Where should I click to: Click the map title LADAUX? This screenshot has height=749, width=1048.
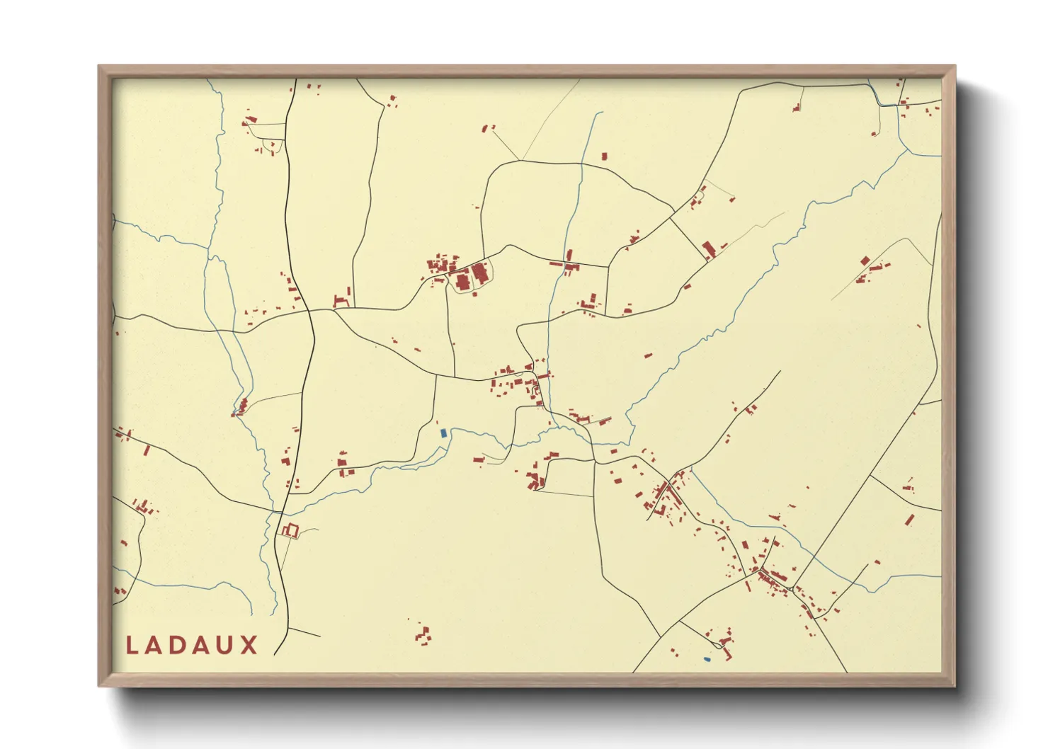(x=191, y=645)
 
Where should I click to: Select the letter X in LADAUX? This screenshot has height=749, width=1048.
(x=249, y=645)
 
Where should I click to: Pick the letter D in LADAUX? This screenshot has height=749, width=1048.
(x=176, y=645)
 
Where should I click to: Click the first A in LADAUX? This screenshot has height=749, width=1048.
(x=154, y=645)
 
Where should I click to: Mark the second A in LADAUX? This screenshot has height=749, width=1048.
(x=201, y=645)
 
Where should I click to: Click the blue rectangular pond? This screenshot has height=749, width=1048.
(x=443, y=433)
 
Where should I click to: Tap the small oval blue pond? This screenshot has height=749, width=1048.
(x=707, y=659)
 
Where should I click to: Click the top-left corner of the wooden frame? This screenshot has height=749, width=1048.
(x=99, y=67)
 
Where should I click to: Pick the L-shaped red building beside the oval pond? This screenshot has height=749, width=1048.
(x=724, y=643)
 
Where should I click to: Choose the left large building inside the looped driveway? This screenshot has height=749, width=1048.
(x=463, y=282)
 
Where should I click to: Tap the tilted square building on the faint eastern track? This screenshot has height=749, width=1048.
(x=865, y=261)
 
